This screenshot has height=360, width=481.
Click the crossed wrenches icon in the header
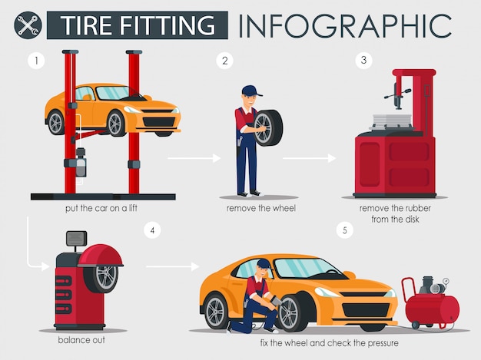coord(26,25)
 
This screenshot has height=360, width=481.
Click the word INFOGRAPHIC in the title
coord(343,25)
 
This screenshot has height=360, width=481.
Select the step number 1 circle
coord(33,60)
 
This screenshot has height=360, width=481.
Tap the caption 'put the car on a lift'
coord(103,208)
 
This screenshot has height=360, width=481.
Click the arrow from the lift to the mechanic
coord(194,158)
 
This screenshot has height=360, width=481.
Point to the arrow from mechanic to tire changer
coord(309,158)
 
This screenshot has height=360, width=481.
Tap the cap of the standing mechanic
coord(251,91)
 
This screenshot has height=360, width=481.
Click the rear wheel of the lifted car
coord(55,121)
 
